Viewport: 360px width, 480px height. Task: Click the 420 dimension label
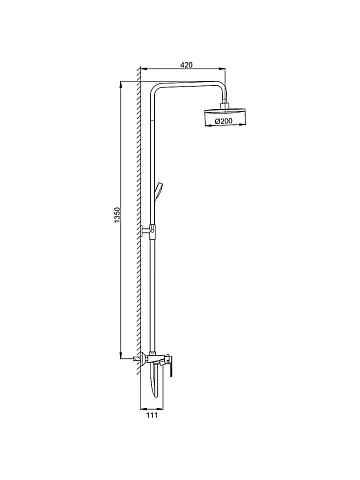186,65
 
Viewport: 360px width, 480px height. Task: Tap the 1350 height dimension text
117,215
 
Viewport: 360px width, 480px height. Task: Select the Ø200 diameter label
224,121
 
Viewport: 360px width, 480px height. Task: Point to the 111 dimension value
152,415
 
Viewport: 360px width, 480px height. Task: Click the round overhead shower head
226,117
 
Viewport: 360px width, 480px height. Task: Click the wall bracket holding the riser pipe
148,231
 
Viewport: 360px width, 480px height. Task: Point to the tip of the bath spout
156,395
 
